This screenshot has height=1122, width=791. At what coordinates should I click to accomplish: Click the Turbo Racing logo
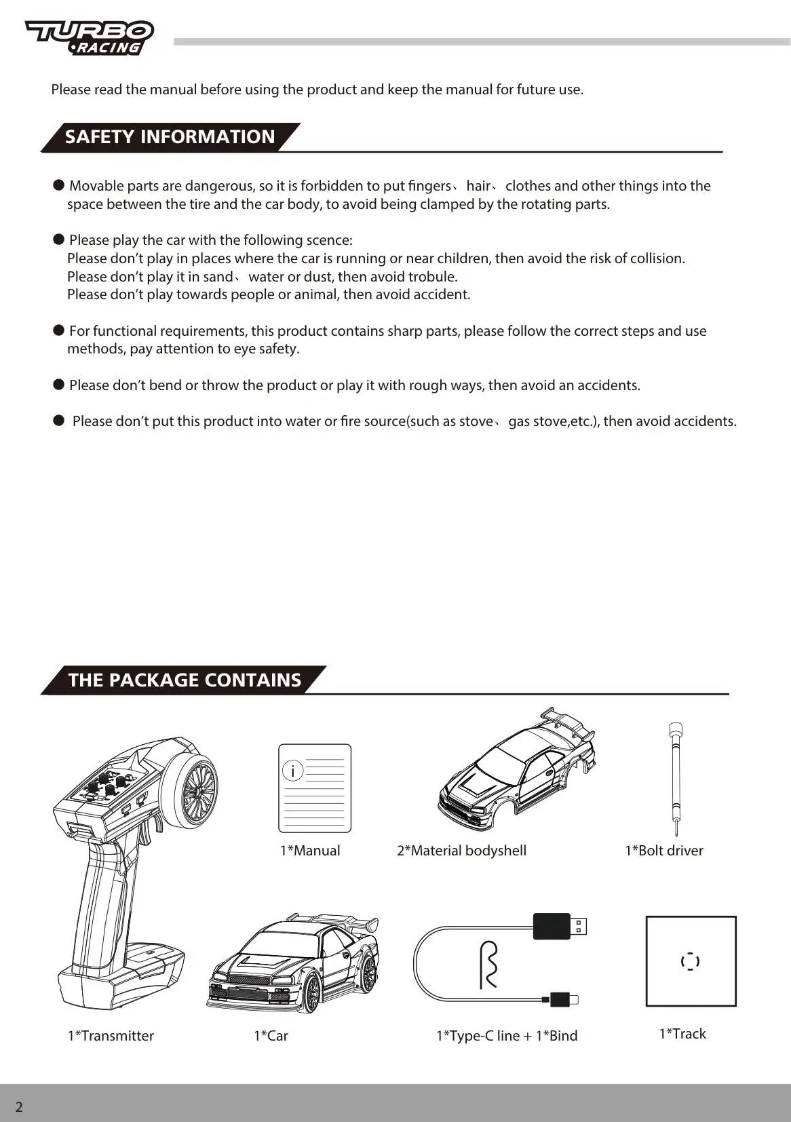pyautogui.click(x=90, y=37)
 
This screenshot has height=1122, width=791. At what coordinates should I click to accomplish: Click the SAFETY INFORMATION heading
pyautogui.click(x=170, y=137)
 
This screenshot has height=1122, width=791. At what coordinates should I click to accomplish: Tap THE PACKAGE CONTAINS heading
pyautogui.click(x=184, y=680)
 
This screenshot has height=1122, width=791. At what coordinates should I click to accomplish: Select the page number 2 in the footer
pyautogui.click(x=19, y=1107)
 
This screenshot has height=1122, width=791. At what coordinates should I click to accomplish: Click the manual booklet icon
pyautogui.click(x=315, y=788)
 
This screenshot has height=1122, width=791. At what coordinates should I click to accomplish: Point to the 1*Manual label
pyautogui.click(x=310, y=851)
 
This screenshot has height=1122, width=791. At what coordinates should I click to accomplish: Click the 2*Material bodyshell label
pyautogui.click(x=461, y=851)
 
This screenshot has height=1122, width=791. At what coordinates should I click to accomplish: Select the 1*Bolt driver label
pyautogui.click(x=663, y=851)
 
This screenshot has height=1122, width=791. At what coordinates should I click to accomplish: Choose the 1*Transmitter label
pyautogui.click(x=111, y=1036)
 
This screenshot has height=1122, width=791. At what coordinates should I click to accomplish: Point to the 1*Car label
pyautogui.click(x=271, y=1036)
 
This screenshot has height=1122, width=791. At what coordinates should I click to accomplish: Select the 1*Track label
pyautogui.click(x=682, y=1034)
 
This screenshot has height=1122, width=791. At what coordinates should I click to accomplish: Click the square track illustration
pyautogui.click(x=691, y=961)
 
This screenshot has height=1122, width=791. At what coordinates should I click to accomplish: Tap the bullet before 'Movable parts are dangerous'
pyautogui.click(x=59, y=185)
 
